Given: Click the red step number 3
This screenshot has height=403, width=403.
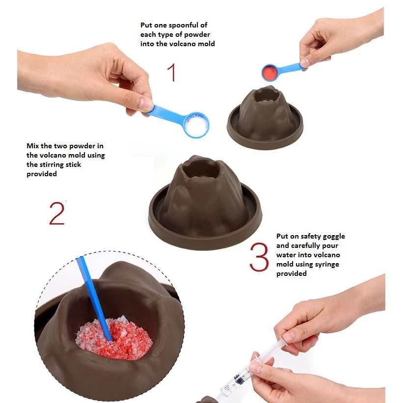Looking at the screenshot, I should click(259, 256).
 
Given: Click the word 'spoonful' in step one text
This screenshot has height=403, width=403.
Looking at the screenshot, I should click(168, 26).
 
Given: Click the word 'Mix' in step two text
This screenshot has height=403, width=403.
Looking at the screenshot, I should click(33, 146).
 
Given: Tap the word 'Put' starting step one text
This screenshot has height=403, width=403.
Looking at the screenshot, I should click(146, 26).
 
